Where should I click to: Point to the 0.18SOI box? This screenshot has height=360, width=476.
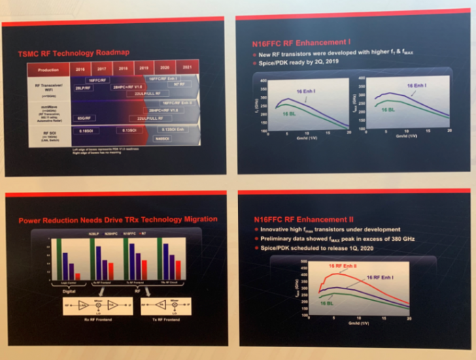(86, 130)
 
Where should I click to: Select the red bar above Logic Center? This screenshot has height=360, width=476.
(76, 276)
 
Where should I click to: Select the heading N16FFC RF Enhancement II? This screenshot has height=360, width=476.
(293, 220)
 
